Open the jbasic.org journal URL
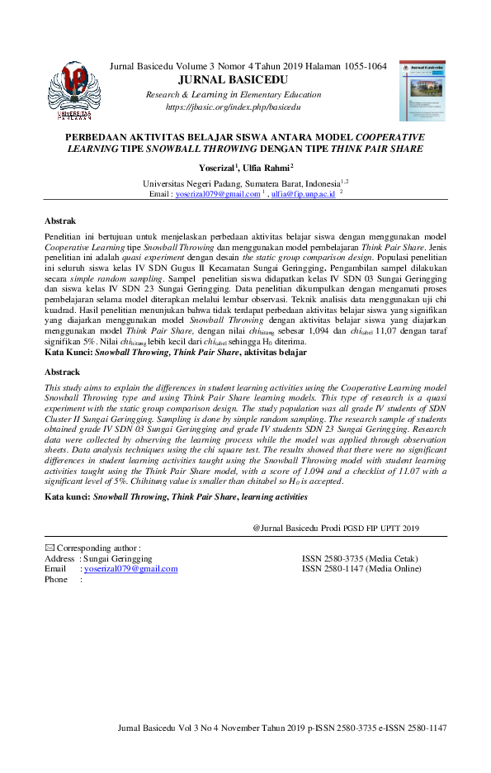coord(233,107)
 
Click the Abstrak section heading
coord(60,221)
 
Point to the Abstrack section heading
coord(63,372)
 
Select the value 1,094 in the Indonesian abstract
coord(309,330)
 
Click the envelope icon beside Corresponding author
coord(49,548)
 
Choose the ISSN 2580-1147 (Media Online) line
coord(361,569)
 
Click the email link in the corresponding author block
coord(130,569)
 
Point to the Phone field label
coord(56,580)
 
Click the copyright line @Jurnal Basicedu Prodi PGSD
coord(336,528)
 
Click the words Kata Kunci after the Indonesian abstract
coord(68,352)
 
